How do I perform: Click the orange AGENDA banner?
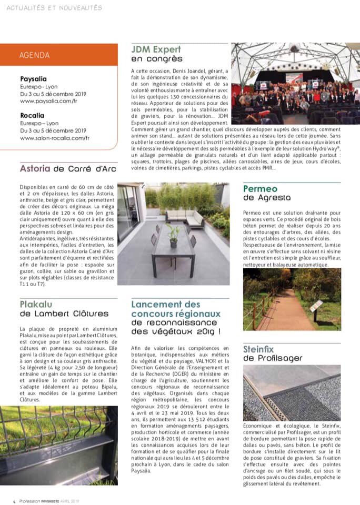pyautogui.click(x=59, y=55)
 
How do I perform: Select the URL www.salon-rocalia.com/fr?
pyautogui.click(x=55, y=138)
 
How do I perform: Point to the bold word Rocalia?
pyautogui.click(x=32, y=115)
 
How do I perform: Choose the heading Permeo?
pyautogui.click(x=260, y=188)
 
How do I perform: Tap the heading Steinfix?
pyautogui.click(x=263, y=349)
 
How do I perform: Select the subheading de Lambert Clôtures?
pyautogui.click(x=64, y=314)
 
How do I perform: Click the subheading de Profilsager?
pyautogui.click(x=273, y=359)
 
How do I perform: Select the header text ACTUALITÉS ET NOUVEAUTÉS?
pyautogui.click(x=54, y=8)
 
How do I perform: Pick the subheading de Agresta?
pyautogui.click(x=266, y=198)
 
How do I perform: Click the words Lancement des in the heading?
pyautogui.click(x=166, y=304)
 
